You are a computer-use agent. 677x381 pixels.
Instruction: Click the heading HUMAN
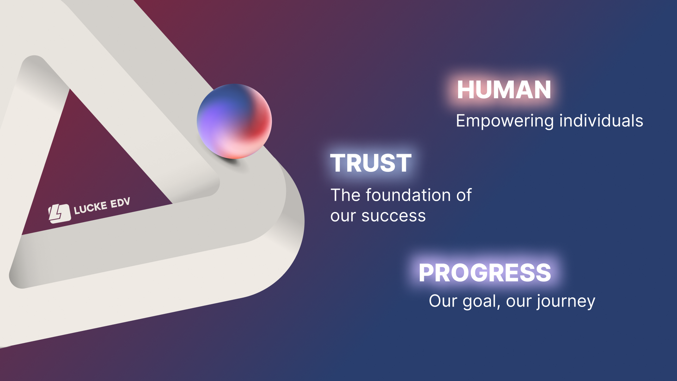(x=504, y=90)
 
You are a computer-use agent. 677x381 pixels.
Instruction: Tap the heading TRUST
(x=371, y=163)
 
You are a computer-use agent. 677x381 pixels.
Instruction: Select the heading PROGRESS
(x=485, y=273)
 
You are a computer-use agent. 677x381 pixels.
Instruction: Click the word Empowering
(x=505, y=121)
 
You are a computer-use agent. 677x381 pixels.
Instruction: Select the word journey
(x=566, y=302)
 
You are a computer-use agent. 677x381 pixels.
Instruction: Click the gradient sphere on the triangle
(x=234, y=121)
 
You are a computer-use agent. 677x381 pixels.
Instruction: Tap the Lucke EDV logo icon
(x=59, y=214)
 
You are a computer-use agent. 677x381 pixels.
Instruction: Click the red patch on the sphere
(x=259, y=123)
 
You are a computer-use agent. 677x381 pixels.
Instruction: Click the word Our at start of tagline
(x=443, y=301)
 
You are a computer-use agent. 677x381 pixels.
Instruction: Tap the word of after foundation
(x=464, y=195)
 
